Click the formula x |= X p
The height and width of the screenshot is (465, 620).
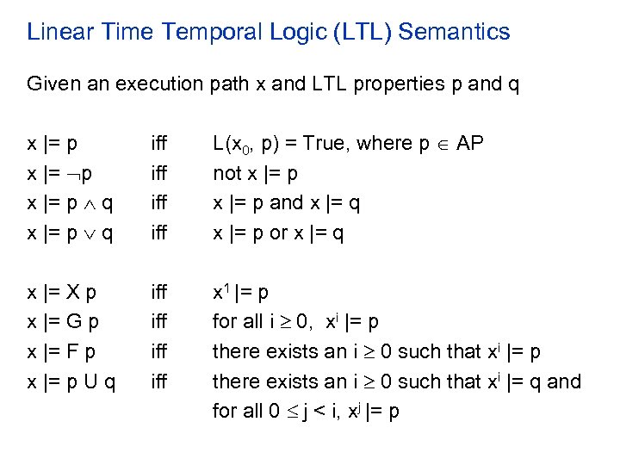coord(62,292)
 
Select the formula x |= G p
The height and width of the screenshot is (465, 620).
coord(63,322)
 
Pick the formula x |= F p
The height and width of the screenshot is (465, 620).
coord(62,351)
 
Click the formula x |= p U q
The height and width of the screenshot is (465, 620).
coord(73,381)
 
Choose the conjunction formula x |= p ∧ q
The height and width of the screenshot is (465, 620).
coord(72,202)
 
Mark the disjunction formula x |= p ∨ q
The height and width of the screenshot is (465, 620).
coord(72,232)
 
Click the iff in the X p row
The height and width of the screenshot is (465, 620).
coord(159,292)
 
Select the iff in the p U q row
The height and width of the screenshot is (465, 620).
coord(159,381)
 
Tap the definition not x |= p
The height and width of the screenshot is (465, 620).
coord(256,173)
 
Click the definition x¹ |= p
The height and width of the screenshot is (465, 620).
coord(241,292)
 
